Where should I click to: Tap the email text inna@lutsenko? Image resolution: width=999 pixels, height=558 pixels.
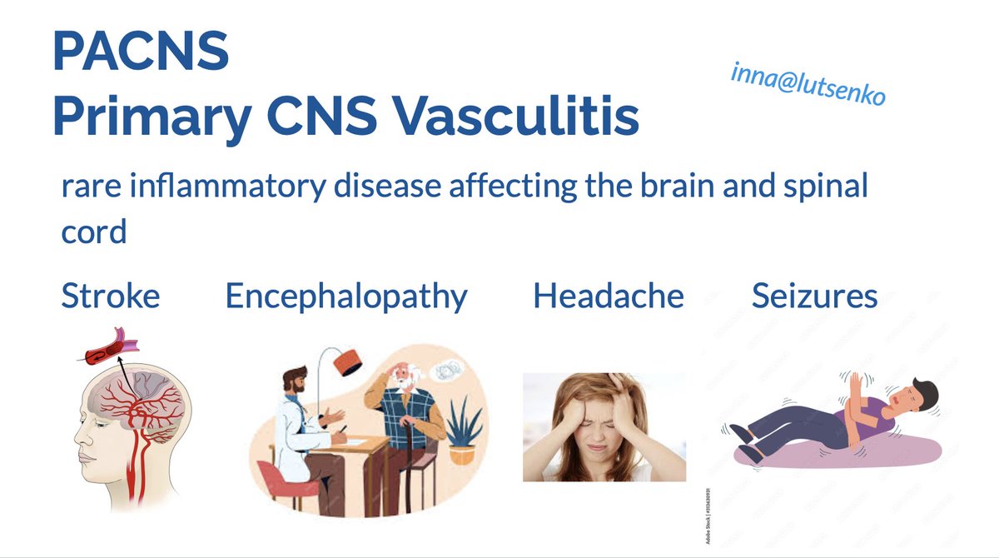808,85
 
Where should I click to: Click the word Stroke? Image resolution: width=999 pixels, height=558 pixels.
111,296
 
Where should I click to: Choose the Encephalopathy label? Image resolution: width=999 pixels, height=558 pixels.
345,296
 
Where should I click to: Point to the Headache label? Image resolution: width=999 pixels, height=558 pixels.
608,296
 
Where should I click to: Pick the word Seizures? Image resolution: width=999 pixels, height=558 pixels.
814,296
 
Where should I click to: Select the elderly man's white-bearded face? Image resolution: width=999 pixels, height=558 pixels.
406,379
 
